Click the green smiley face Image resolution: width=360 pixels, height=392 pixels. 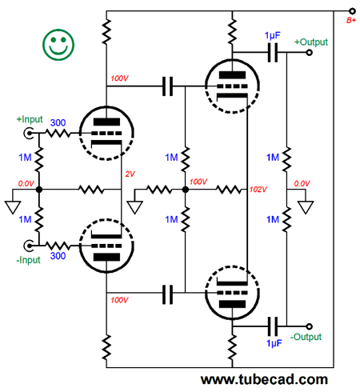[x=58, y=45]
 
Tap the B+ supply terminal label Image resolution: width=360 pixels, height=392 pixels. [x=351, y=20]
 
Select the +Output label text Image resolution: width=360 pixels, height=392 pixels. [x=311, y=42]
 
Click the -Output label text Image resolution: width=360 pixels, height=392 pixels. [x=306, y=337]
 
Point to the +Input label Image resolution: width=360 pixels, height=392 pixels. [x=30, y=119]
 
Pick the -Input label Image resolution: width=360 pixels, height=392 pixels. [x=28, y=260]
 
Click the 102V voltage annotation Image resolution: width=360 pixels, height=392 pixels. [x=258, y=190]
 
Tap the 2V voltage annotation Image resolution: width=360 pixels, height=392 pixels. [x=130, y=174]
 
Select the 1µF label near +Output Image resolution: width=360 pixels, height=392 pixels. [x=273, y=36]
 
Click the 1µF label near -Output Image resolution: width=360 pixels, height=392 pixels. [x=274, y=343]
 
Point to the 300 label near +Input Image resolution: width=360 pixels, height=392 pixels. [x=58, y=122]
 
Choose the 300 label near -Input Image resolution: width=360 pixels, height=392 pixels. [x=58, y=256]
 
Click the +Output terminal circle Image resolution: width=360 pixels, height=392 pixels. [x=309, y=53]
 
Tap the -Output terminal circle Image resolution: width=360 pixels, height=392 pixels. [x=309, y=326]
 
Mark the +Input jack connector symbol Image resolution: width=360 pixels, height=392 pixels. [x=29, y=133]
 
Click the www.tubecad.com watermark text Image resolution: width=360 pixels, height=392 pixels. [x=264, y=379]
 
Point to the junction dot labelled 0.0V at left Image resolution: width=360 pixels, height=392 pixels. [x=39, y=190]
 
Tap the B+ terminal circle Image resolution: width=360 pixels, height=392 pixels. [x=352, y=11]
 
